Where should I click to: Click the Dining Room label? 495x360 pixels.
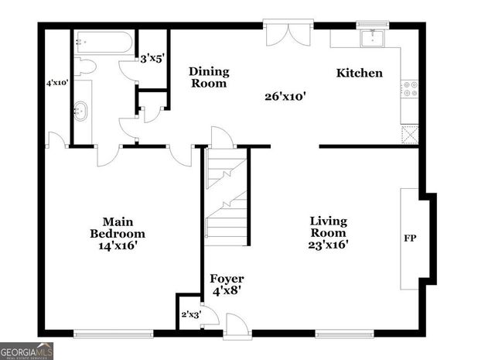click(209, 77)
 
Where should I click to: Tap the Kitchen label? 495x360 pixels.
click(359, 74)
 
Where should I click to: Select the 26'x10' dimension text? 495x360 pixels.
click(285, 97)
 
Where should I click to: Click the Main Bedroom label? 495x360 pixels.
click(117, 227)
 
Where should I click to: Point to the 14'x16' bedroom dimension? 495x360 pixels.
click(117, 245)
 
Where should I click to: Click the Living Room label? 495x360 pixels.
click(328, 227)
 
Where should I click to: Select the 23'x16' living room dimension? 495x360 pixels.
click(328, 245)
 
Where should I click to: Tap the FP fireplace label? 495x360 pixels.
click(410, 238)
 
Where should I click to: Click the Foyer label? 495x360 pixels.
click(227, 279)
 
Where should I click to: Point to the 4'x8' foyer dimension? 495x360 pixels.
click(227, 293)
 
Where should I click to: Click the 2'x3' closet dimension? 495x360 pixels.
click(191, 314)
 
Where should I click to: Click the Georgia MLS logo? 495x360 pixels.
click(27, 351)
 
